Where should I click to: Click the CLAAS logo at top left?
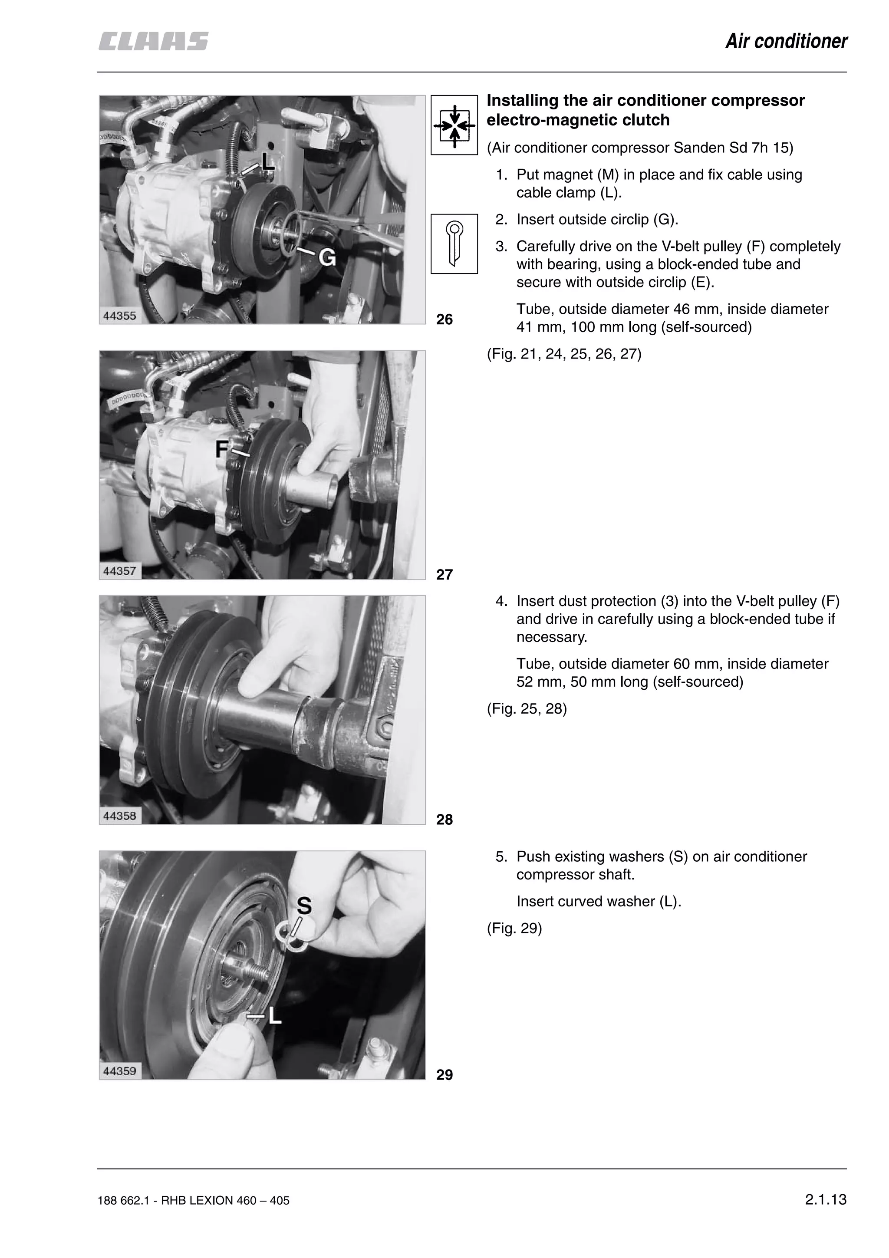pyautogui.click(x=153, y=42)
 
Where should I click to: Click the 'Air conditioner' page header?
pyautogui.click(x=786, y=42)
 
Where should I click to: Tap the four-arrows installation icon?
pyautogui.click(x=454, y=125)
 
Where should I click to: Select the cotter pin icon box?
pyautogui.click(x=454, y=244)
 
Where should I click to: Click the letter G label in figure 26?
pyautogui.click(x=327, y=257)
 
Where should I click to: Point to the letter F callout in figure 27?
pyautogui.click(x=222, y=449)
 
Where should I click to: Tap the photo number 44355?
pyautogui.click(x=119, y=316)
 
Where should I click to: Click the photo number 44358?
pyautogui.click(x=119, y=816)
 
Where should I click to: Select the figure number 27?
pyautogui.click(x=444, y=574)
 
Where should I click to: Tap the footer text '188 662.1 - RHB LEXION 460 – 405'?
pyautogui.click(x=193, y=1200)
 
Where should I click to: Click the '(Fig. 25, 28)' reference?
pyautogui.click(x=527, y=708)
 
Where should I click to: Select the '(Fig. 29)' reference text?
pyautogui.click(x=514, y=928)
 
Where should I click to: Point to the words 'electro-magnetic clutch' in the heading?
pyautogui.click(x=578, y=120)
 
